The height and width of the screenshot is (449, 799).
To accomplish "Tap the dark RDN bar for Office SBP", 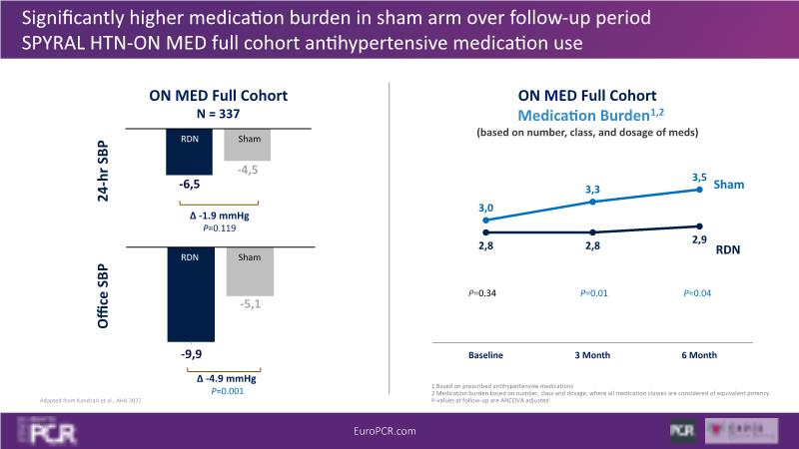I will [x=191, y=294].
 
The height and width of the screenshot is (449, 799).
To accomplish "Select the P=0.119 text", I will [x=218, y=227].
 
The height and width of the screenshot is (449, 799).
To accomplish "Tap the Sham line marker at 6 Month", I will [x=700, y=190].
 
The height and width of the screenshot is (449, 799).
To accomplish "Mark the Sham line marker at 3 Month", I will [x=593, y=202].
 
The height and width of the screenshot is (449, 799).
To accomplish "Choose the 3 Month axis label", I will [x=593, y=355].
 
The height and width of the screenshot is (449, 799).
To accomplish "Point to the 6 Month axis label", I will [x=700, y=355].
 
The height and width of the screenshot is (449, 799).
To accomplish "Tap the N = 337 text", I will [x=218, y=114].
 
